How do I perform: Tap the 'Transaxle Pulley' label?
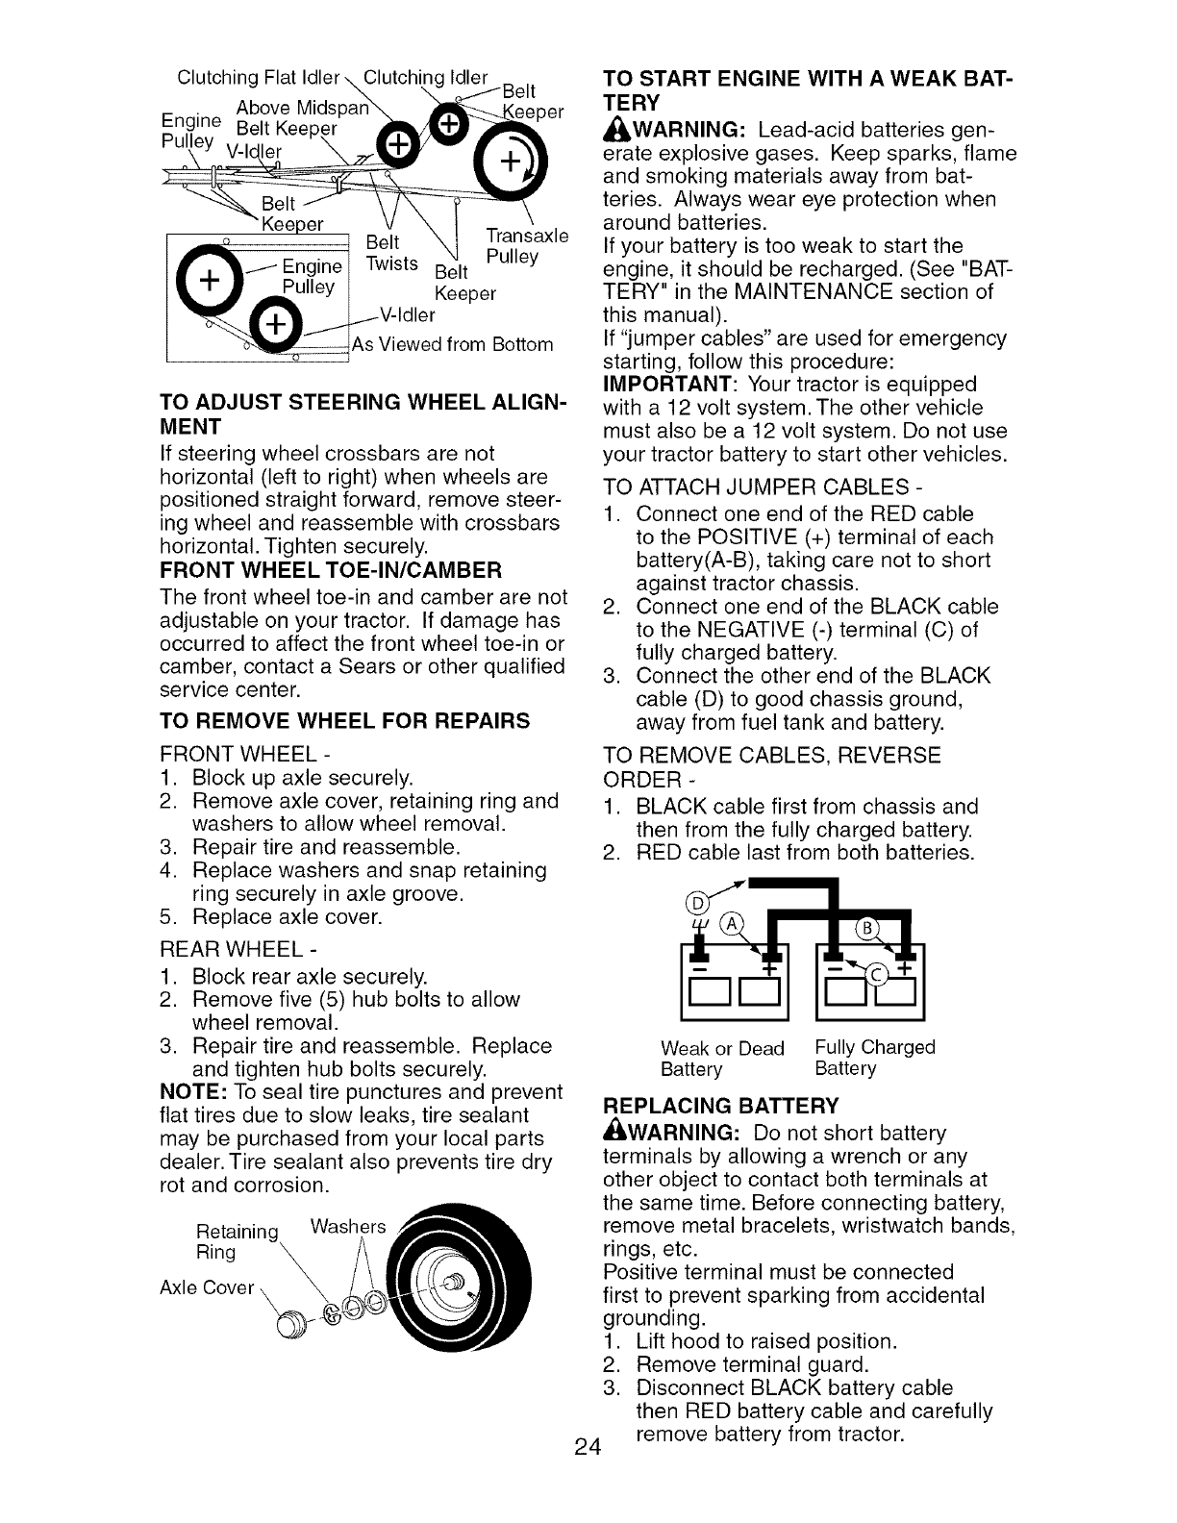coord(527,246)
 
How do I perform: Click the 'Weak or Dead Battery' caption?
coord(722,1058)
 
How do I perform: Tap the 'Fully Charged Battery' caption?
coord(874,1058)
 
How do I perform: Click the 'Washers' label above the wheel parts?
coord(349,1227)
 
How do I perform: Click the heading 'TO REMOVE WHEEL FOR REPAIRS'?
coord(344,720)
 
